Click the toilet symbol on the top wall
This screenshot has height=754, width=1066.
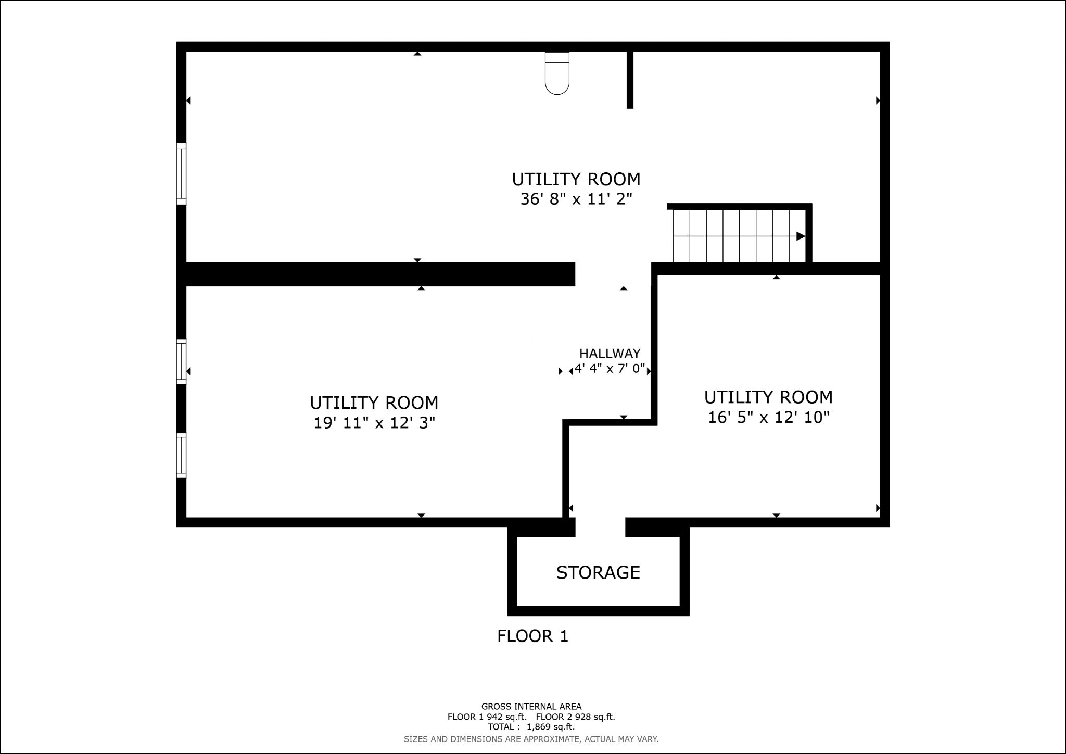click(x=557, y=73)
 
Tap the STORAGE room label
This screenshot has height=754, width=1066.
click(x=598, y=572)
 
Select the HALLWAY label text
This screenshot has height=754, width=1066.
click(x=610, y=354)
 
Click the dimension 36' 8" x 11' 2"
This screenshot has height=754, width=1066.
click(x=576, y=199)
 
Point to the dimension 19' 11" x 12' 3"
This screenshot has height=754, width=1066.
click(x=374, y=423)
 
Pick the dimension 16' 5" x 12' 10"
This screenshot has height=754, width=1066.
click(x=768, y=417)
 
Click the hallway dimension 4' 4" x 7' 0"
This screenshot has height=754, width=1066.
click(x=610, y=370)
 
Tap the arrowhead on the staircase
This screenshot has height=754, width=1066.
click(x=801, y=236)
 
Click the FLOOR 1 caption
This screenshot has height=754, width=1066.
click(x=532, y=636)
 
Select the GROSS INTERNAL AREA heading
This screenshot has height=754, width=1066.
click(x=531, y=707)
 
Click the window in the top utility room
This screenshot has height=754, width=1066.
click(x=181, y=174)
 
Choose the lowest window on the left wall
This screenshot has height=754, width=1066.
click(x=181, y=456)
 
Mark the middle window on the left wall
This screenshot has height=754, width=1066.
click(x=181, y=361)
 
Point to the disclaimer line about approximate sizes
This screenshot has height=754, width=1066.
click(x=531, y=739)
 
